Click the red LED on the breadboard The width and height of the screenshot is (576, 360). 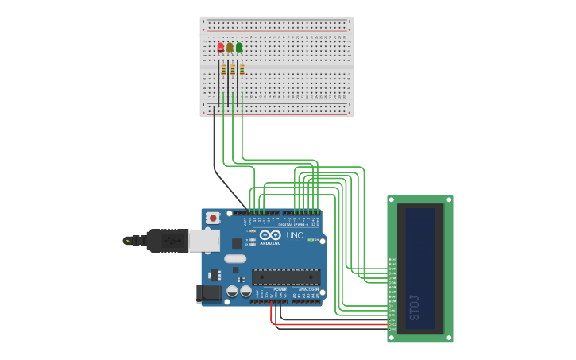(221, 48)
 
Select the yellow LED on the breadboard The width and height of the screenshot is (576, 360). (230, 48)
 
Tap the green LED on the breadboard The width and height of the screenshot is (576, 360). (239, 48)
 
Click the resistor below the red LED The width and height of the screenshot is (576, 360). (223, 70)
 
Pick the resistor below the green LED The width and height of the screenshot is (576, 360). (242, 70)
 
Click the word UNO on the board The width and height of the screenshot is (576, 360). (295, 236)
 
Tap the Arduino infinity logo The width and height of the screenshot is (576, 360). (270, 235)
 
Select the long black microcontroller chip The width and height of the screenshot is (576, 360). (286, 277)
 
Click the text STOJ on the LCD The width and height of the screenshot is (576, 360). (414, 307)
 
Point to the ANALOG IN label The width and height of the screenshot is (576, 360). (308, 289)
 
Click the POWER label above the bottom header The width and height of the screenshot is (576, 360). (269, 289)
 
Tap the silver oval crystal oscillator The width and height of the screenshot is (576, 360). (235, 259)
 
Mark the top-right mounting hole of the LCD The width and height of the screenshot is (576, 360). (450, 199)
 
